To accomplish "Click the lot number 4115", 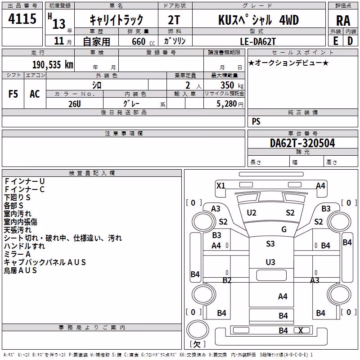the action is click(22, 19).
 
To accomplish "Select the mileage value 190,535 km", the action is click(53, 65).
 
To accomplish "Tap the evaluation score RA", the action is click(343, 21).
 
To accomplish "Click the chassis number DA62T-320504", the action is click(302, 143).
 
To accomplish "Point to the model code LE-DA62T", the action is click(257, 41).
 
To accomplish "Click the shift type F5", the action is click(13, 94).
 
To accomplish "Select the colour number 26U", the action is click(75, 104).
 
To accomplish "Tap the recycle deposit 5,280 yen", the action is click(230, 104).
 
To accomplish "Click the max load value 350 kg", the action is click(232, 85).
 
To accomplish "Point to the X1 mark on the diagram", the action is click(221, 185).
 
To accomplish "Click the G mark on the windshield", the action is click(284, 229).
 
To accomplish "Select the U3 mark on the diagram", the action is click(270, 262).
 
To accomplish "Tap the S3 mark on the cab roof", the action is click(270, 243).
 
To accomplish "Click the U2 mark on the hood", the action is click(252, 213).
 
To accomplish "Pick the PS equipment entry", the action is click(256, 121).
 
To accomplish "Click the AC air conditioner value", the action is click(35, 94).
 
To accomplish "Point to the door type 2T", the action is click(174, 20).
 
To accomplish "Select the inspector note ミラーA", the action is click(17, 254).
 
